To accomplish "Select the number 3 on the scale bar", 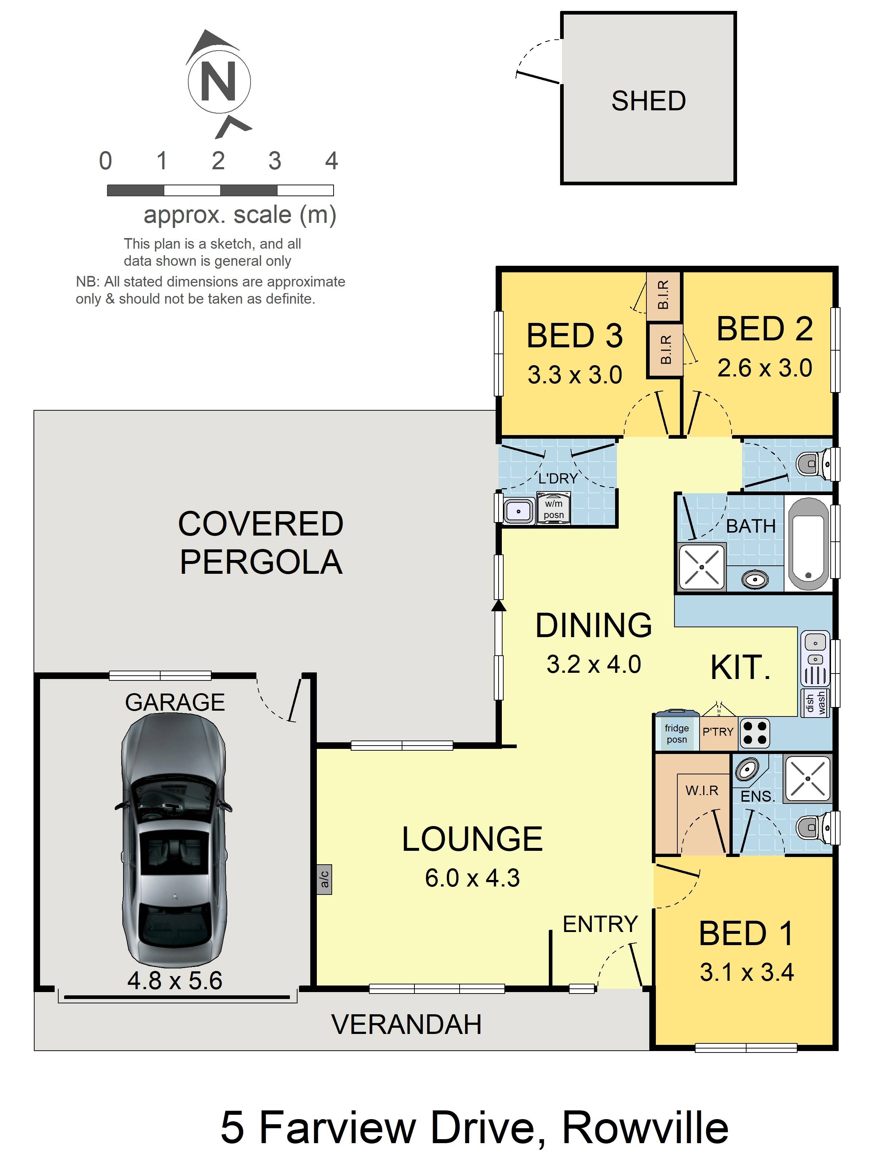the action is click(x=275, y=161).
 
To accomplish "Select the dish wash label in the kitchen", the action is click(x=815, y=703).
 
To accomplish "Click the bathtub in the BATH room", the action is click(x=808, y=544).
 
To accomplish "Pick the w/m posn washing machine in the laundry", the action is click(x=553, y=508).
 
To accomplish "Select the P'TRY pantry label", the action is click(x=718, y=731).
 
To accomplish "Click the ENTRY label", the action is click(x=600, y=924).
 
